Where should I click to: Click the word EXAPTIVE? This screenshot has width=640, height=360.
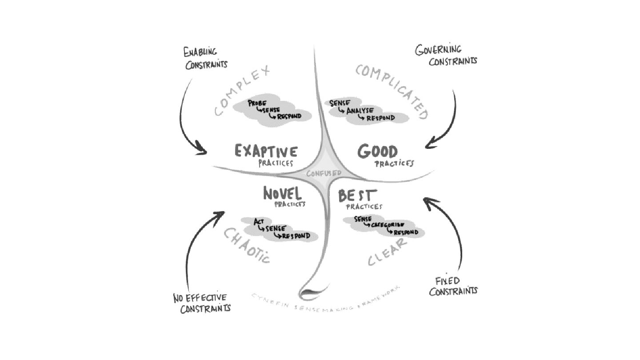pos(266,151)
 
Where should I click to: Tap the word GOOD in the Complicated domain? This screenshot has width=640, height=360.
pos(377,152)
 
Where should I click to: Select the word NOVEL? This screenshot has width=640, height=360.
pos(282,194)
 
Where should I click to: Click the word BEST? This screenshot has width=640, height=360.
pos(357,196)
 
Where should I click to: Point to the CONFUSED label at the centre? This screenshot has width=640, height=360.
pos(324,173)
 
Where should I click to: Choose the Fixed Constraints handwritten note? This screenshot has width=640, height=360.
pos(453,286)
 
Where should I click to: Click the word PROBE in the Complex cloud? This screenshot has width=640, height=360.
pos(257,103)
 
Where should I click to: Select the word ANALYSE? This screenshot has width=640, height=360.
pos(360,111)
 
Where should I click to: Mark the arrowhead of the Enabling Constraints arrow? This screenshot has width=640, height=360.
pos(203,151)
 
